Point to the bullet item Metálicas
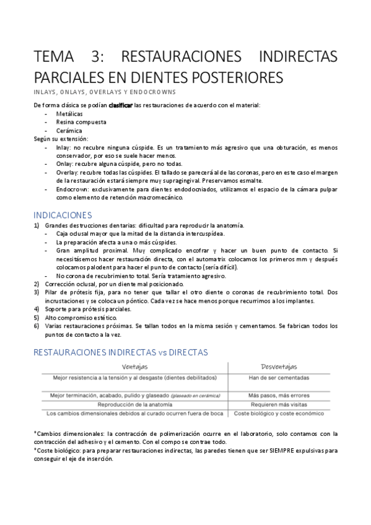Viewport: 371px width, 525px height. coord(69,114)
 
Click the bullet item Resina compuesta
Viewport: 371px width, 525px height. coord(81,122)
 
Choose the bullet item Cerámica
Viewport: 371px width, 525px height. coord(70,131)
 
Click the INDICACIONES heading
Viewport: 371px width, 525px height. coord(63,215)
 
